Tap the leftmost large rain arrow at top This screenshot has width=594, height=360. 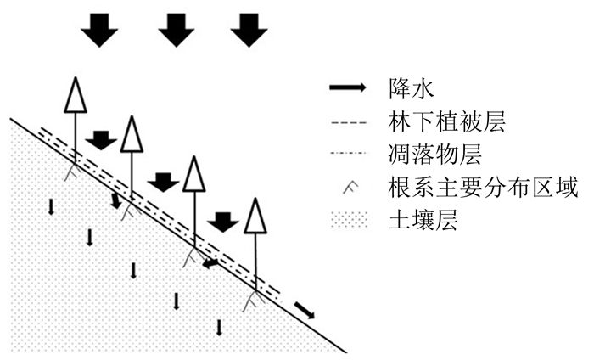click(x=100, y=30)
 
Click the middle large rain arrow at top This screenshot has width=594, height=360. click(x=177, y=30)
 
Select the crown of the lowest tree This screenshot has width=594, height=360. click(x=255, y=216)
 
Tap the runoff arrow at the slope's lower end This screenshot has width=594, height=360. click(x=304, y=309)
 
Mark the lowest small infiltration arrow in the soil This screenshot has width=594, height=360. click(x=220, y=328)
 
